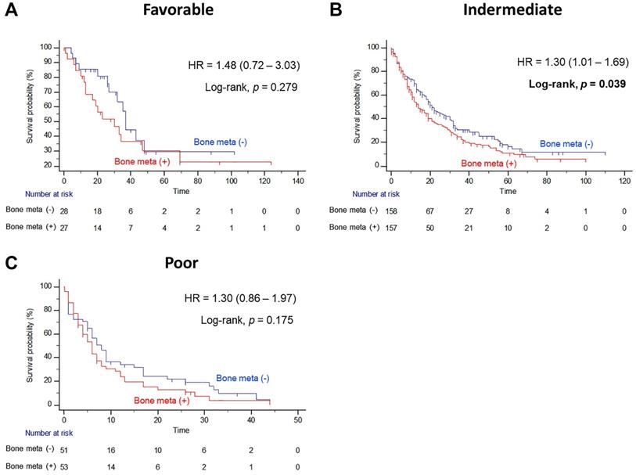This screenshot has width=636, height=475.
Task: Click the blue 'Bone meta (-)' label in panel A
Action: coord(221,142)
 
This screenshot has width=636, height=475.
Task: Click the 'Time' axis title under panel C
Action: coord(181,430)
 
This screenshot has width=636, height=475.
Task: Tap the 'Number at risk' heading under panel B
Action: coord(364,193)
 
